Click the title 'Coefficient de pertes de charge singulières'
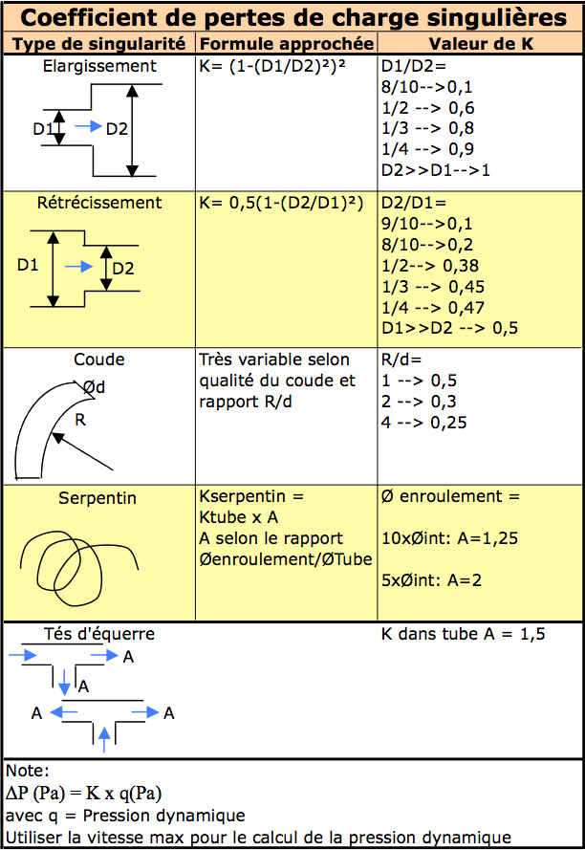(x=293, y=17)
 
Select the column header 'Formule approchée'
(x=287, y=43)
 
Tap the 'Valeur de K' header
(x=481, y=43)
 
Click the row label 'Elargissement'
(x=99, y=66)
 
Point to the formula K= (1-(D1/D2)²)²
(x=272, y=66)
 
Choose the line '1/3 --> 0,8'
(x=428, y=128)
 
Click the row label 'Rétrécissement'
(x=99, y=203)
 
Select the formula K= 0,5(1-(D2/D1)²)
(x=281, y=203)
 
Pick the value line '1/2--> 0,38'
(x=430, y=266)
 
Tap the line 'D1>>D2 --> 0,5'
(x=449, y=328)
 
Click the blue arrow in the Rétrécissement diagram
(x=79, y=266)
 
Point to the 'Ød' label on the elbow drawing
(x=94, y=387)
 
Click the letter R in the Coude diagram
(x=80, y=420)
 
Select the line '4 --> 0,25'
(x=424, y=423)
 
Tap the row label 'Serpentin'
(x=97, y=498)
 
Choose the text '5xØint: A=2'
(x=431, y=580)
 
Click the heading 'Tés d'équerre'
(x=99, y=634)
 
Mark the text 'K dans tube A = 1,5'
(x=463, y=634)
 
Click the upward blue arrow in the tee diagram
(x=104, y=739)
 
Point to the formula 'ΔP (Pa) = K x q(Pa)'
(x=84, y=794)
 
